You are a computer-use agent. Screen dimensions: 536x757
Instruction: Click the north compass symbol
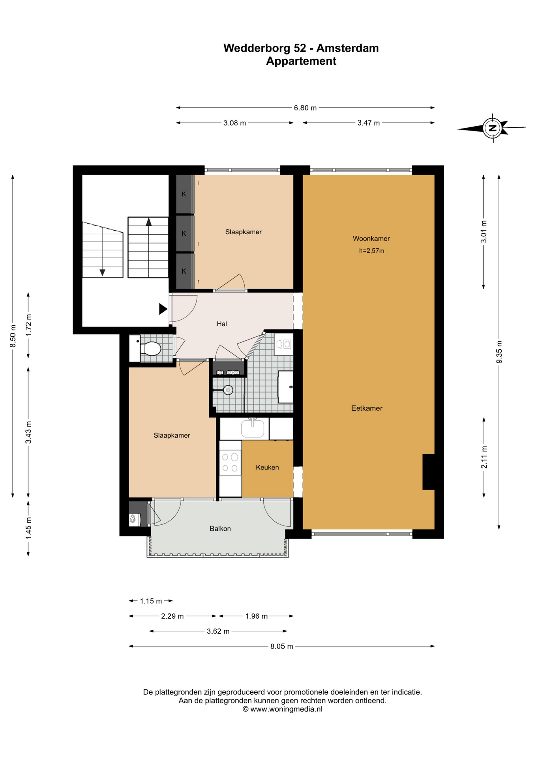[x=492, y=128]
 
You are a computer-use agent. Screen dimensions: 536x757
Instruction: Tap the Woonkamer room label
[x=371, y=239]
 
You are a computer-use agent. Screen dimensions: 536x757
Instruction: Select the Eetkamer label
[x=367, y=408]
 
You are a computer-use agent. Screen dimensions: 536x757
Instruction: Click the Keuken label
[x=267, y=467]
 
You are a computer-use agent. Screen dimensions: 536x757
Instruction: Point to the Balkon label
[x=220, y=529]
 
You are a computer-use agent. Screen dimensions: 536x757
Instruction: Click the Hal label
[x=222, y=324]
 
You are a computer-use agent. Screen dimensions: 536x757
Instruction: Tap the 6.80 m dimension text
[x=305, y=108]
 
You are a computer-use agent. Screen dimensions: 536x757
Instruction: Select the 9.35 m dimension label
[x=499, y=352]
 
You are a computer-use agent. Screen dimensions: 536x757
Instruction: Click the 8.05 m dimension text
[x=282, y=646]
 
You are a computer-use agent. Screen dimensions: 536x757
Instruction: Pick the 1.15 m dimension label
[x=151, y=601]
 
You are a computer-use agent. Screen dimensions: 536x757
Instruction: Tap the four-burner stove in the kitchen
[x=230, y=463]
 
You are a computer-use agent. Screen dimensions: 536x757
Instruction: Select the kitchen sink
[x=253, y=428]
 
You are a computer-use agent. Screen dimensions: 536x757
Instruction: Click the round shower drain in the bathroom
[x=228, y=390]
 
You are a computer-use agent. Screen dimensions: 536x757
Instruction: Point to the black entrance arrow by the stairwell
[x=163, y=309]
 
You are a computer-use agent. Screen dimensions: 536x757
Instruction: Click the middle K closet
[x=184, y=233]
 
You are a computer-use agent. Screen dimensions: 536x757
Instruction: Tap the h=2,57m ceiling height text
[x=371, y=251]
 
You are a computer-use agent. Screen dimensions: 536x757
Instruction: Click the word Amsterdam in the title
[x=347, y=48]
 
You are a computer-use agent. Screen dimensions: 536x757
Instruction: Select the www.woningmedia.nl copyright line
[x=282, y=709]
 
